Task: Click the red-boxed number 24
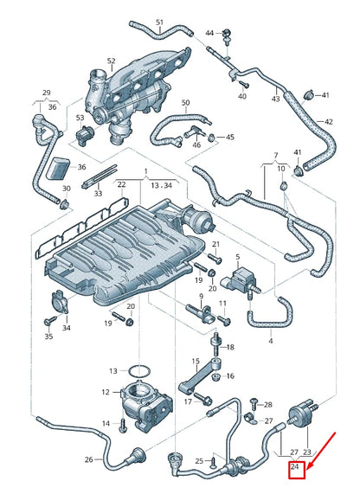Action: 295,468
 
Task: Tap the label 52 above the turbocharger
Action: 111,61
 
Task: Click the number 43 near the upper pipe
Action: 275,99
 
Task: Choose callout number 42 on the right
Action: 328,122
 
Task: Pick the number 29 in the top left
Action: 47,92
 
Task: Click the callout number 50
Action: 184,103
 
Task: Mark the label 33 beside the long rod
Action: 98,194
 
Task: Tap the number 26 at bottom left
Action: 88,459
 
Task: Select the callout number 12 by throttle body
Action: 106,392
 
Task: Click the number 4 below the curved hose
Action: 270,341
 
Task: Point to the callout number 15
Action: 196,361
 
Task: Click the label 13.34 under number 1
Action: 160,184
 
